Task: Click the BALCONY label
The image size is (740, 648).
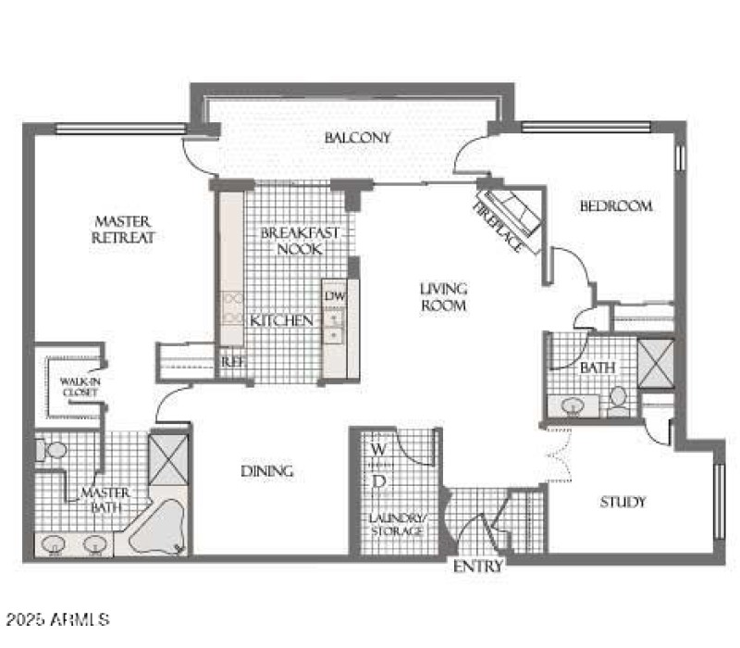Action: pyautogui.click(x=357, y=138)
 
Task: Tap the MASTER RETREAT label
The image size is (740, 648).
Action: pyautogui.click(x=123, y=230)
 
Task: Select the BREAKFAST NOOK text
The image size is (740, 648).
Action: pyautogui.click(x=290, y=241)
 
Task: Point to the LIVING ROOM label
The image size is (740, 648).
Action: pyautogui.click(x=443, y=296)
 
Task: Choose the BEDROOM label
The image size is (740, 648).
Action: pyautogui.click(x=615, y=206)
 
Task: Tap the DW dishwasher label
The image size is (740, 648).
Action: pyautogui.click(x=333, y=295)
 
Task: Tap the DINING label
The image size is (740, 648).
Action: pyautogui.click(x=267, y=471)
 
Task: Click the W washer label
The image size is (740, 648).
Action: pyautogui.click(x=378, y=450)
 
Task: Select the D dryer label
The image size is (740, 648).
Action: pyautogui.click(x=378, y=481)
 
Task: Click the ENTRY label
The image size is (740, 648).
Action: pyautogui.click(x=478, y=567)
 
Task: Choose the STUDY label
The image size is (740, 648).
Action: pyautogui.click(x=623, y=502)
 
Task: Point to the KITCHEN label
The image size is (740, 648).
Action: pyautogui.click(x=280, y=320)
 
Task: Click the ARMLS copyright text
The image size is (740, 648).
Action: pyautogui.click(x=57, y=617)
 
